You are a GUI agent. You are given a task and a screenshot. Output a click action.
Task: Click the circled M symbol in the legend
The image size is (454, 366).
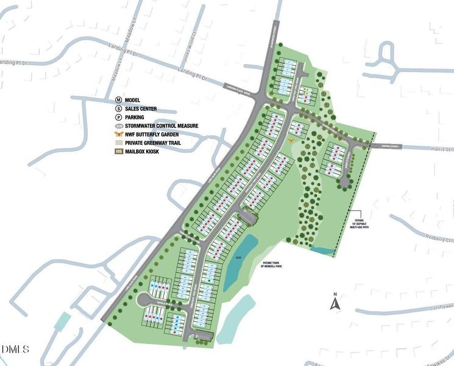coord(119,100)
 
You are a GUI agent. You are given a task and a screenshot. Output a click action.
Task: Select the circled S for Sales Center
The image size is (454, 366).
coord(119,109)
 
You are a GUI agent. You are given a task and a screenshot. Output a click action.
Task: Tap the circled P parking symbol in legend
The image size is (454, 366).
coord(119,117)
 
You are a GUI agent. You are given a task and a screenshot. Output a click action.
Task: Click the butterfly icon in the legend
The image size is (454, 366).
coord(119,134)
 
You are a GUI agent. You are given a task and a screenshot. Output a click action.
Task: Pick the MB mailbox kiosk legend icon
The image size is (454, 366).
coord(119,151)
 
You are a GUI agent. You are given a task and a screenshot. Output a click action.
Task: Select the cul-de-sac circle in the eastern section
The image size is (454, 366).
coord(346,181)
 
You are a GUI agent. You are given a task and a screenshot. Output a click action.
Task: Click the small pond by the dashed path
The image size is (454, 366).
coord(325,251)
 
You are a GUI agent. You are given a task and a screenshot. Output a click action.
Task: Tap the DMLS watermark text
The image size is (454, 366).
coord(15,350)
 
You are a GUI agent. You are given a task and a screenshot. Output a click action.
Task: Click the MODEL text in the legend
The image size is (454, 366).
coord(133,100)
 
